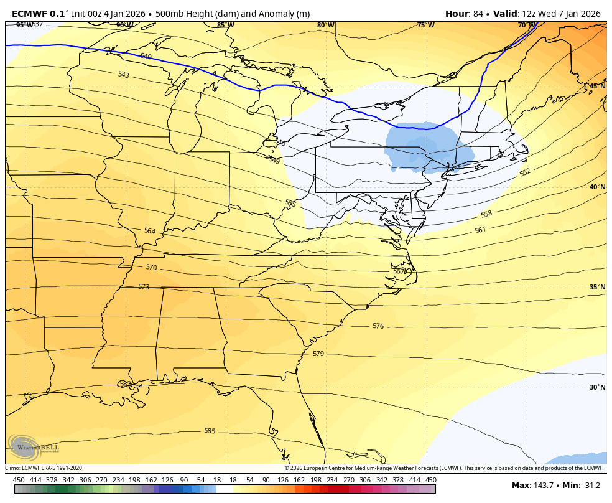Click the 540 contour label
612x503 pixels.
point(146,57)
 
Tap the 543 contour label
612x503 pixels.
point(123,75)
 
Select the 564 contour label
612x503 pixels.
point(149,231)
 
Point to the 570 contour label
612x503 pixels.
point(151,268)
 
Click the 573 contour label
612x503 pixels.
point(144,287)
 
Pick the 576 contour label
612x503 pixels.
point(378,326)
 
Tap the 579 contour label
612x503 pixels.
point(318,354)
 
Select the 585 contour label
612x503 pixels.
point(210,431)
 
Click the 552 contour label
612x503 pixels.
point(525,172)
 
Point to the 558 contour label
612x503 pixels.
point(486,214)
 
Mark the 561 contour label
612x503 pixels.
point(480,230)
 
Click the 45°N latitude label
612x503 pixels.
point(597,86)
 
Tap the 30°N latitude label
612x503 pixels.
point(597,387)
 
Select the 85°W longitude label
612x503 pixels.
point(225,25)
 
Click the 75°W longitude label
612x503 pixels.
point(425,25)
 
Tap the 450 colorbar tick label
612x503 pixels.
point(431,480)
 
